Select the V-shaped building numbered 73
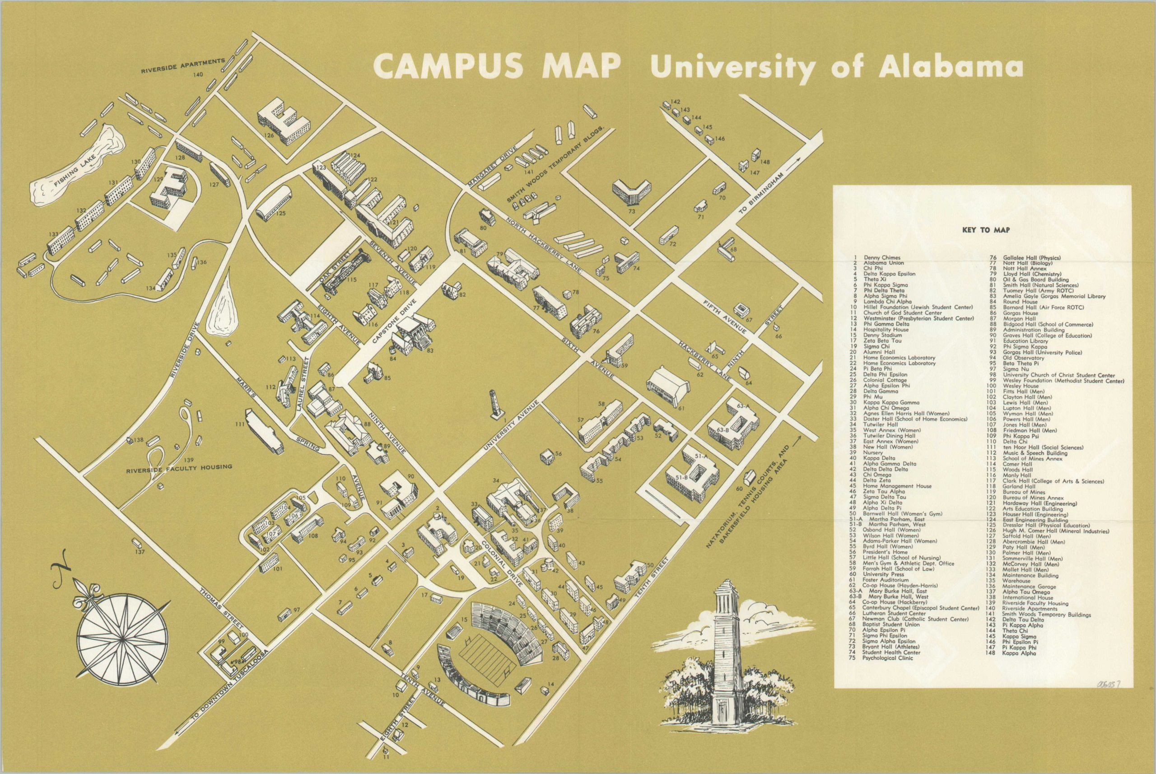[x=630, y=193]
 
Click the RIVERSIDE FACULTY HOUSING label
[x=179, y=467]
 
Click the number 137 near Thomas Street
[x=140, y=552]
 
